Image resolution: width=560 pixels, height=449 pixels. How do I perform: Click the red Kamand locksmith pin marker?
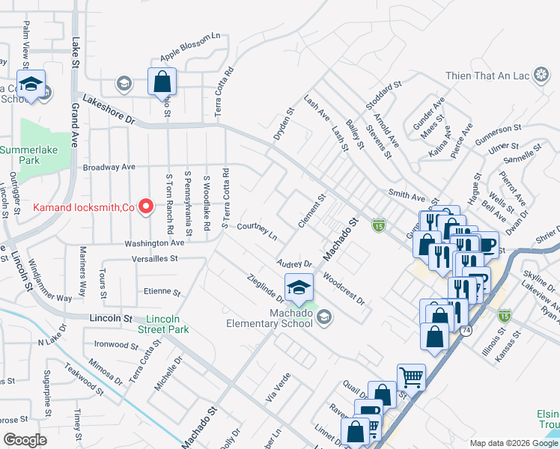click(147, 206)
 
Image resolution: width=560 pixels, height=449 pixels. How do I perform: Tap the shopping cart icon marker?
click(410, 376)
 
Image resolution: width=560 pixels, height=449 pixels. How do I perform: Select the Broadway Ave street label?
click(109, 167)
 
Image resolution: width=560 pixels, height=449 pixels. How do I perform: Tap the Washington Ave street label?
click(154, 243)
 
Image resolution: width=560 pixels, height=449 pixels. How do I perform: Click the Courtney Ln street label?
click(257, 231)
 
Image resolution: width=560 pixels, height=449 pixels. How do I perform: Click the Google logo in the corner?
click(25, 440)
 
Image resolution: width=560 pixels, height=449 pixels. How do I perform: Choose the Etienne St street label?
click(162, 292)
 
